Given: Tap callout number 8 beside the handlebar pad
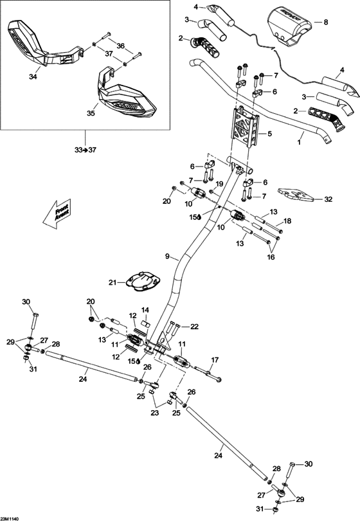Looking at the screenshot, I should pos(325,22).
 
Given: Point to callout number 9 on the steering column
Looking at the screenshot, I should pos(166,256).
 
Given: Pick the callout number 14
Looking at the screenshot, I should pos(145,310).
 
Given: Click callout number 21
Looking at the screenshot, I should pos(112,282).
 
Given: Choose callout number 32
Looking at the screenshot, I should pos(328,199).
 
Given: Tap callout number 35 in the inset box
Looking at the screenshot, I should pos(90,112).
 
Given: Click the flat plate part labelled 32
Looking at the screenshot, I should pos(297,194).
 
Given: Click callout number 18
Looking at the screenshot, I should pos(287,221).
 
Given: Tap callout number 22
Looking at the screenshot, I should pos(195,327).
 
